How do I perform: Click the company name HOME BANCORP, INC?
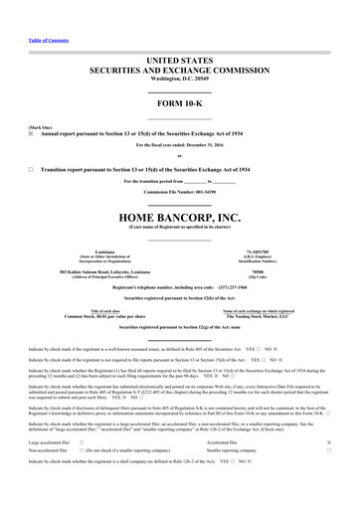(x=180, y=217)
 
